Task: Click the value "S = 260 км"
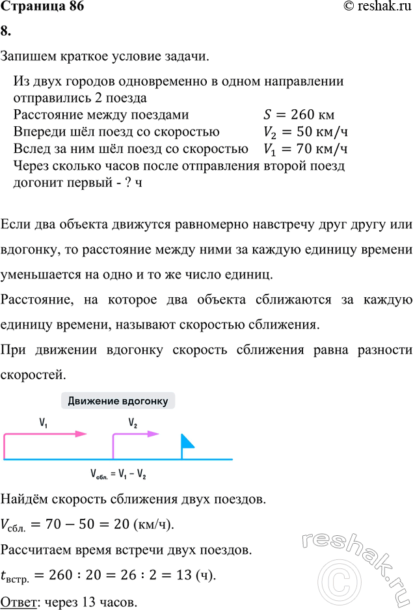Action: point(299,116)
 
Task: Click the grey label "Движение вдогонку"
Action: point(118,401)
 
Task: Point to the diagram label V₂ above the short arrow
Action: point(133,422)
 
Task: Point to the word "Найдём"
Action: point(23,499)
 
